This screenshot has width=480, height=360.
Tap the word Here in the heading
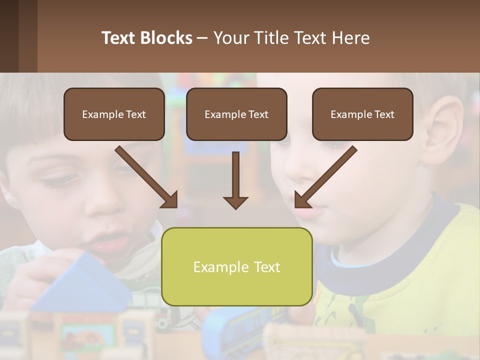click(x=350, y=38)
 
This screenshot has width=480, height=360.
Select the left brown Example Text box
click(x=114, y=114)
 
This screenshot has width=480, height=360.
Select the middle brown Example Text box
click(x=236, y=114)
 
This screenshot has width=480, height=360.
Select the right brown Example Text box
click(x=362, y=114)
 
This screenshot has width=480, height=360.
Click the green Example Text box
click(x=236, y=266)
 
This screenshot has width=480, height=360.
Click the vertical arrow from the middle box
click(x=235, y=180)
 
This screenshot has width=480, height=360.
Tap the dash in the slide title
click(x=202, y=38)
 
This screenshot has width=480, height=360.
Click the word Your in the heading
click(x=230, y=38)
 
